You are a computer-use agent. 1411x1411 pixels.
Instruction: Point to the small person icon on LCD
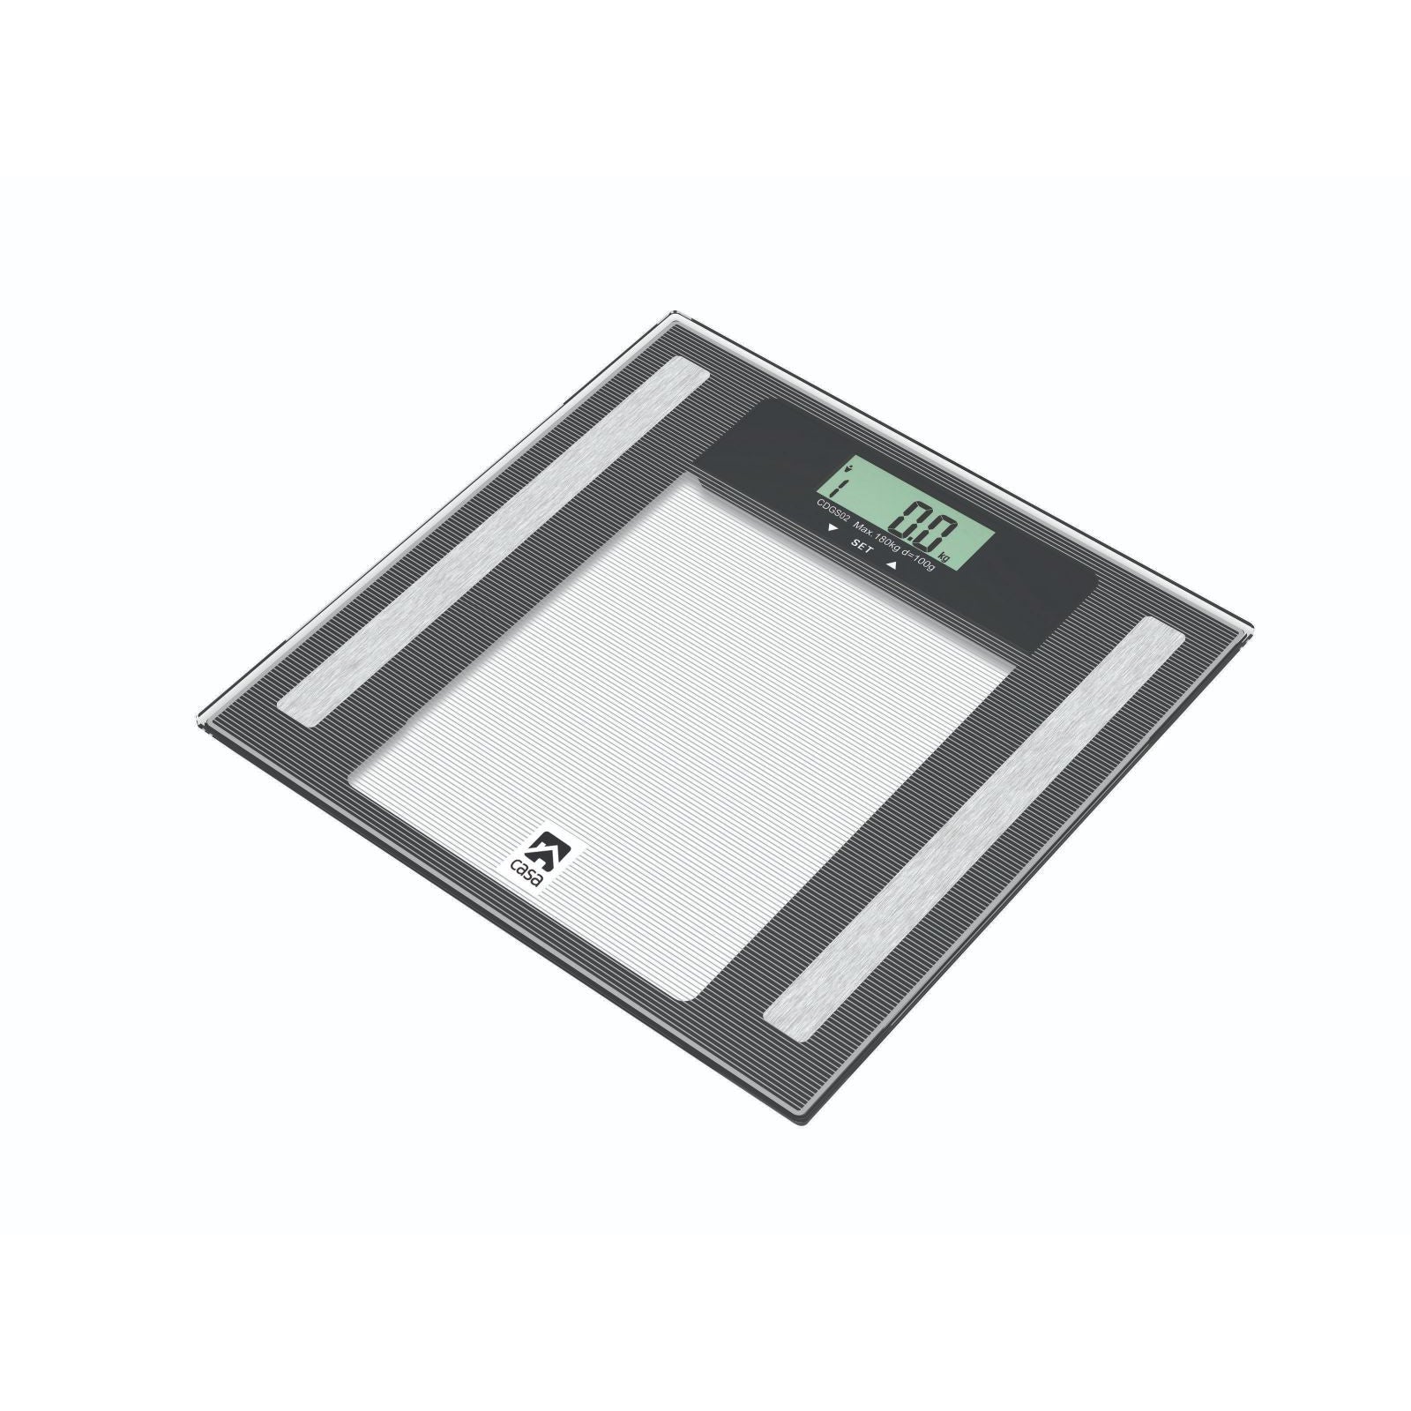(848, 467)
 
